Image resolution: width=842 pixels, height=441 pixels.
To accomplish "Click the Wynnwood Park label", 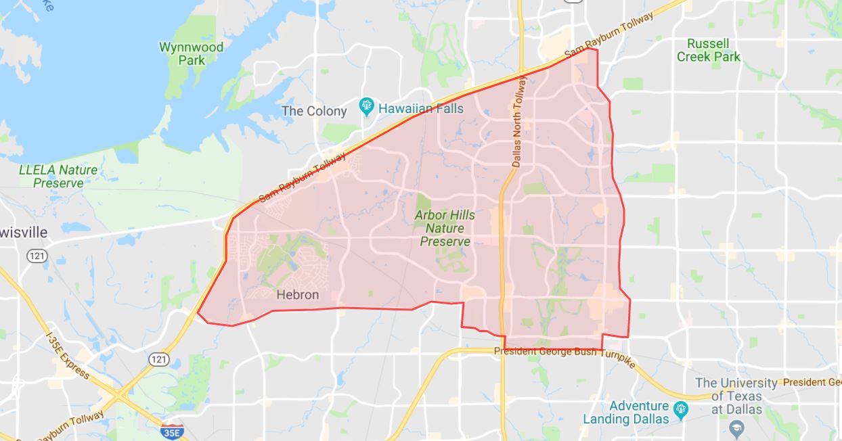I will tap(181, 53).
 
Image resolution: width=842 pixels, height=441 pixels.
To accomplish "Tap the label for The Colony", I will tap(314, 111).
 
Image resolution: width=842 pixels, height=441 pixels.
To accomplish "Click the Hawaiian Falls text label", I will tap(420, 108).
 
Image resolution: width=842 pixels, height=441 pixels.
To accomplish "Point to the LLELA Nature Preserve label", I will tap(58, 176).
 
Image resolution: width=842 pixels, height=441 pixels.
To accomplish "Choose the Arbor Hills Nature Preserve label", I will tap(445, 228).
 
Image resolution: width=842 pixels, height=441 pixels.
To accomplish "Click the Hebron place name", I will tap(297, 295).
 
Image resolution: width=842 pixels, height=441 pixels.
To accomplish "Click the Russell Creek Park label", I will tap(709, 51).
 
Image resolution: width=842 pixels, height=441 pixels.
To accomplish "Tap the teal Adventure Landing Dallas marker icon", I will tap(681, 408).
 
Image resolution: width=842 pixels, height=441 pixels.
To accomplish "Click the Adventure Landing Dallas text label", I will tap(629, 412).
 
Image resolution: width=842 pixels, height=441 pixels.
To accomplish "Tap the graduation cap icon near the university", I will tap(736, 428).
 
